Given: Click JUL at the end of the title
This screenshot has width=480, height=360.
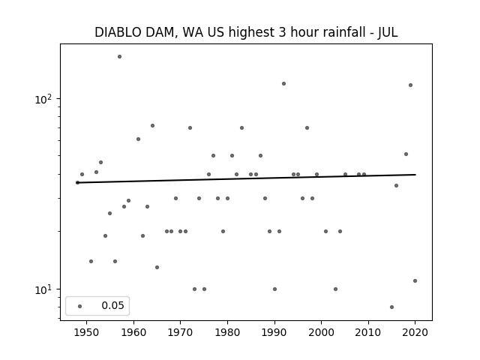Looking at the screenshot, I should point(388,32).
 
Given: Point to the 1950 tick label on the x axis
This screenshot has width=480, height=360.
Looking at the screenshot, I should point(87,332).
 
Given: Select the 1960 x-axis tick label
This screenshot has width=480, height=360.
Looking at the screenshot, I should point(133,332).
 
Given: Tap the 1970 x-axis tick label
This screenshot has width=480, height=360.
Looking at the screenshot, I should point(181,332).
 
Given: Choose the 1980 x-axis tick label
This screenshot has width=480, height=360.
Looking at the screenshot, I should point(227,332).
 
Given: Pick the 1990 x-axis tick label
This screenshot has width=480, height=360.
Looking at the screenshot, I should point(274,332).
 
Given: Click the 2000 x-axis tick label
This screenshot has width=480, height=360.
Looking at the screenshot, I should point(321,332).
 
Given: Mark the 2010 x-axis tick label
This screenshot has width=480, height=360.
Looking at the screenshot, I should point(368,332).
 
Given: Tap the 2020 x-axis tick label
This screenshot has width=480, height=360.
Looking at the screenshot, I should point(415,332).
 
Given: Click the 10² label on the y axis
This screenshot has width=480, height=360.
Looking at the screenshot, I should point(46,98).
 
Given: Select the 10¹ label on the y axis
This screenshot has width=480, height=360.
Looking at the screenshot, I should point(46,289).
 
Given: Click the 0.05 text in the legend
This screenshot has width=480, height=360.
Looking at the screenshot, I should point(112,306).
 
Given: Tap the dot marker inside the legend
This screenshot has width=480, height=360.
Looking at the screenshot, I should point(79,306).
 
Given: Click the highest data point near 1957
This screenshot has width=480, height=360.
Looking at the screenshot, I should point(119,56).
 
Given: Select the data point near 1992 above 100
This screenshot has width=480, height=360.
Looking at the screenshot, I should point(283,83).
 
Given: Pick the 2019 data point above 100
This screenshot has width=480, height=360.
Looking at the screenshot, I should point(410,85).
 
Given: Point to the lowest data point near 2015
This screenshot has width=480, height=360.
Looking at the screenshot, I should point(391,307).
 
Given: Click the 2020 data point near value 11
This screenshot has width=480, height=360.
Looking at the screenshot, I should point(415,280).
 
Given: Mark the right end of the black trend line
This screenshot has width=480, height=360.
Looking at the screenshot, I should point(415,175).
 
